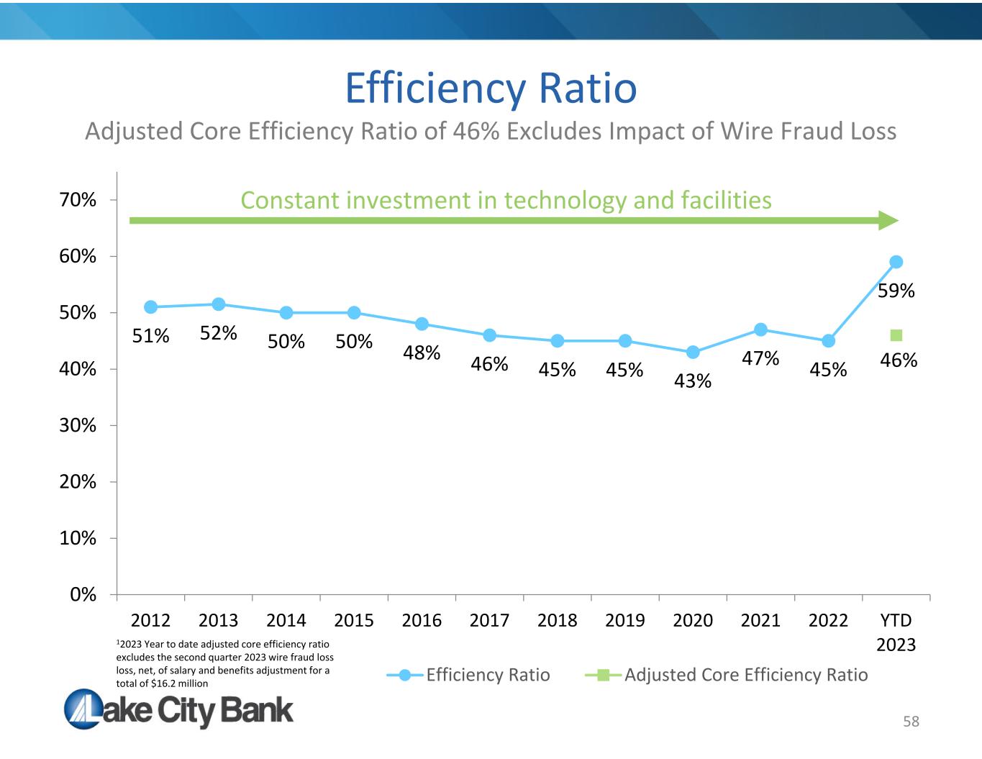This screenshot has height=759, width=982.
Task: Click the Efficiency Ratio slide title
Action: (x=491, y=88)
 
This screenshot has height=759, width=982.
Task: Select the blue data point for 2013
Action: (x=218, y=304)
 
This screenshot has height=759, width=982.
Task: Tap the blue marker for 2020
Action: (x=693, y=352)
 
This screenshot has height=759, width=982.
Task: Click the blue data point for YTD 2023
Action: (x=896, y=262)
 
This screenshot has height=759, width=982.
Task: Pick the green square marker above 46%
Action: (x=896, y=335)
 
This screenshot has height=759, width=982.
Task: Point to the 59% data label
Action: (x=896, y=291)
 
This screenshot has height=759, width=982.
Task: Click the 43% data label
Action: (x=693, y=381)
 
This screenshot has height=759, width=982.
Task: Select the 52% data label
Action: (x=218, y=333)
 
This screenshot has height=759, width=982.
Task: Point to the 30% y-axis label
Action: (x=77, y=425)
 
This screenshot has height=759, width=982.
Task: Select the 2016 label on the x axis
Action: (x=422, y=620)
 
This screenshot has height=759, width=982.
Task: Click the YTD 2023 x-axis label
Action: (x=896, y=632)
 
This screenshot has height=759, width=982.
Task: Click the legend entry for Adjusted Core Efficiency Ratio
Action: (x=726, y=675)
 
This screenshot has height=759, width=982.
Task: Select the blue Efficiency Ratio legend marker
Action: (x=405, y=676)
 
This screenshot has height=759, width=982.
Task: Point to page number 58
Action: (x=911, y=722)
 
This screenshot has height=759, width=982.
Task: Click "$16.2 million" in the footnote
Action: (x=179, y=683)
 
